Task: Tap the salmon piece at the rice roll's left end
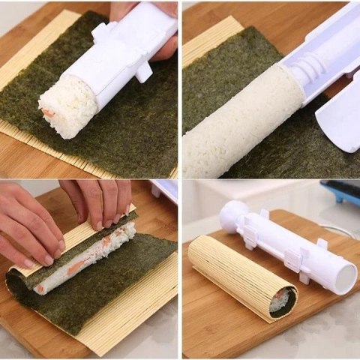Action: click(x=39, y=287)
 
